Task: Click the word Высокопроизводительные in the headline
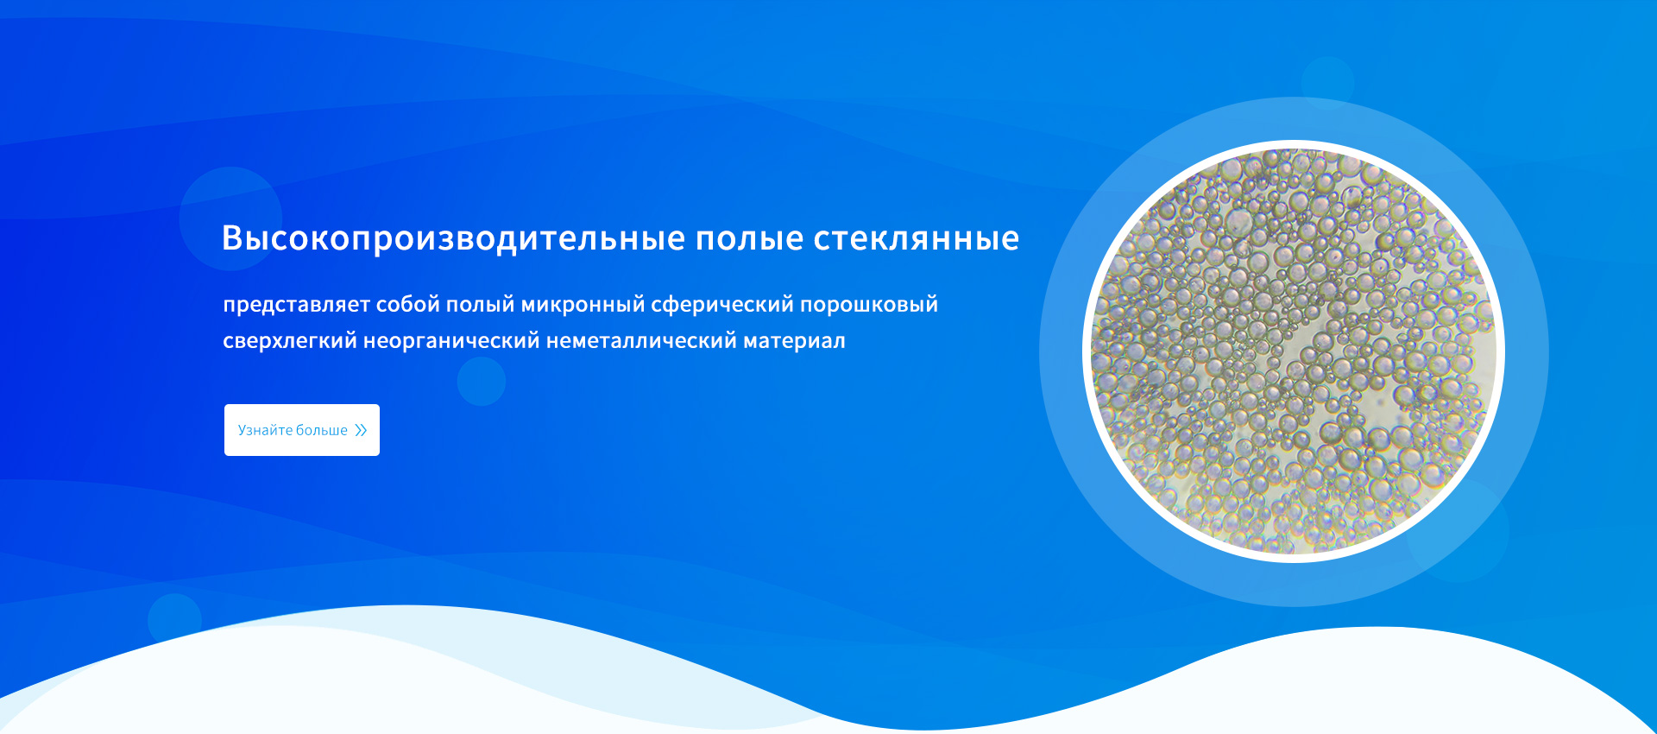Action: point(454,238)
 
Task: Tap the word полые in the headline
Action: point(750,238)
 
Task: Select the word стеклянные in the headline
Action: point(917,238)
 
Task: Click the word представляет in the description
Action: point(297,305)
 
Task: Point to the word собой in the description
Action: point(408,304)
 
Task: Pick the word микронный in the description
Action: point(583,305)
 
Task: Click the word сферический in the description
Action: point(722,305)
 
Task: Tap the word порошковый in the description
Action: point(869,305)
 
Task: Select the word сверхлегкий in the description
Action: point(290,341)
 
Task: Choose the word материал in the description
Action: point(795,341)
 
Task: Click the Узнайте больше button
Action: point(302,430)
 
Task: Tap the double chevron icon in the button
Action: point(361,430)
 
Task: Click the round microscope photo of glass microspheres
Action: point(1294,351)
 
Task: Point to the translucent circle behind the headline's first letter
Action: point(230,218)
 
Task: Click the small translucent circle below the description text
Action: point(482,382)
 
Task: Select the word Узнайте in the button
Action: point(265,430)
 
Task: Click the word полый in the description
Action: point(481,305)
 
